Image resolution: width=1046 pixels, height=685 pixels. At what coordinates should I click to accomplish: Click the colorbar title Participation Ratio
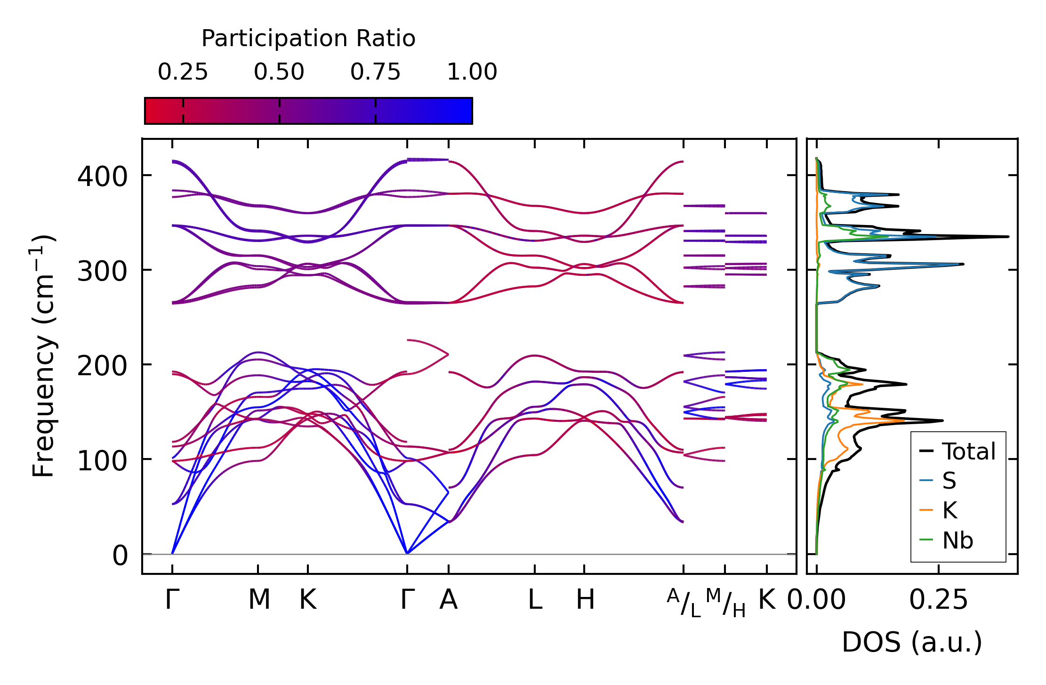(308, 39)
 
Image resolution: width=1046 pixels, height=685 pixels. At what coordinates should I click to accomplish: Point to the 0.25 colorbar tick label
(183, 72)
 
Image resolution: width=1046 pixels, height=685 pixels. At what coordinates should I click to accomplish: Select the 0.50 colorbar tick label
(279, 72)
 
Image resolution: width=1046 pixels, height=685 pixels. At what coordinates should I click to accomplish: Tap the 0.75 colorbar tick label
(375, 72)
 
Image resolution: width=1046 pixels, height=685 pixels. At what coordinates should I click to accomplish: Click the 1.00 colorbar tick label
(472, 72)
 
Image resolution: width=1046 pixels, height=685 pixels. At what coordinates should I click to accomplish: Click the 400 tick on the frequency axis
(102, 177)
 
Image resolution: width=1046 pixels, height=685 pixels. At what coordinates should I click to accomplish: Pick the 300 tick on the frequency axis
(102, 272)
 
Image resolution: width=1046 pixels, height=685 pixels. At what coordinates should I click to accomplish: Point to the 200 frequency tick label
(102, 367)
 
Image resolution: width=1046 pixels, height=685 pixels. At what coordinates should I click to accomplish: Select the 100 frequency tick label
(102, 461)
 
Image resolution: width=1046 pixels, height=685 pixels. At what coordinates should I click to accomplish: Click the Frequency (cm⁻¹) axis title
(43, 356)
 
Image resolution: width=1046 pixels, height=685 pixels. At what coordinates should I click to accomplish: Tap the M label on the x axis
(259, 600)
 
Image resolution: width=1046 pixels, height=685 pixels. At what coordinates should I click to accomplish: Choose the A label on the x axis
(449, 600)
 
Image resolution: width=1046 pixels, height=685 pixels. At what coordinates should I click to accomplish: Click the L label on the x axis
(535, 600)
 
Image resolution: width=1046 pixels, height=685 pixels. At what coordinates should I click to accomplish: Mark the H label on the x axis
(585, 600)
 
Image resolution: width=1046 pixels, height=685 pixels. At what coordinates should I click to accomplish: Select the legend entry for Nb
(946, 540)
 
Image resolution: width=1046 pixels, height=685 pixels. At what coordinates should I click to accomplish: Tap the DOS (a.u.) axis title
(912, 643)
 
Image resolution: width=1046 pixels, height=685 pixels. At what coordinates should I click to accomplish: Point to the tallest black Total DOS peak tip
(1008, 236)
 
